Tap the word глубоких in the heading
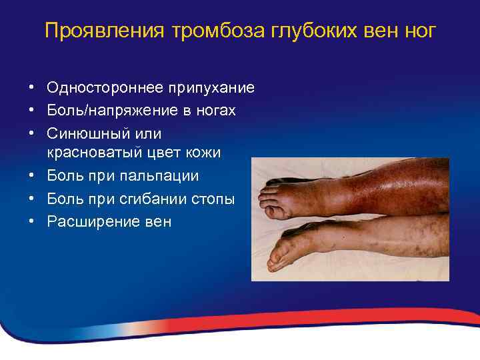click(x=295, y=31)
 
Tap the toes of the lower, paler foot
click(x=277, y=257)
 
